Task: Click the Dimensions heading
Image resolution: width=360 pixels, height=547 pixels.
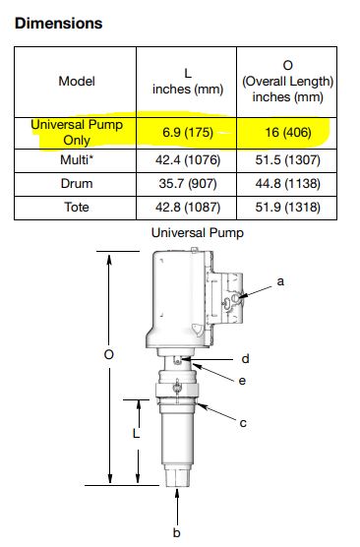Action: click(x=59, y=24)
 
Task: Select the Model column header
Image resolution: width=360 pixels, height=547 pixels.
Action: click(x=77, y=82)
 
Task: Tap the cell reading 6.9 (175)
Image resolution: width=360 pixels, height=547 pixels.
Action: click(x=188, y=133)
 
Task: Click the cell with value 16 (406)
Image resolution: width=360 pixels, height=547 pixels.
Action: click(x=288, y=133)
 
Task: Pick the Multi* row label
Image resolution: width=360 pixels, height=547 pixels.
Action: click(x=77, y=160)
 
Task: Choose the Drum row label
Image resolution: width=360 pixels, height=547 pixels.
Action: click(x=77, y=184)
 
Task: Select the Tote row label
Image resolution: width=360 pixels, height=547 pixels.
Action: click(x=77, y=208)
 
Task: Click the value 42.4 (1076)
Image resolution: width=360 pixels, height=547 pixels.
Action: click(x=188, y=160)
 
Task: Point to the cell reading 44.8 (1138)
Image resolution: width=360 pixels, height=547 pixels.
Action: click(x=288, y=184)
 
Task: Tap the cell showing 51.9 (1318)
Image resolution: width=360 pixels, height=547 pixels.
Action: click(x=288, y=208)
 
